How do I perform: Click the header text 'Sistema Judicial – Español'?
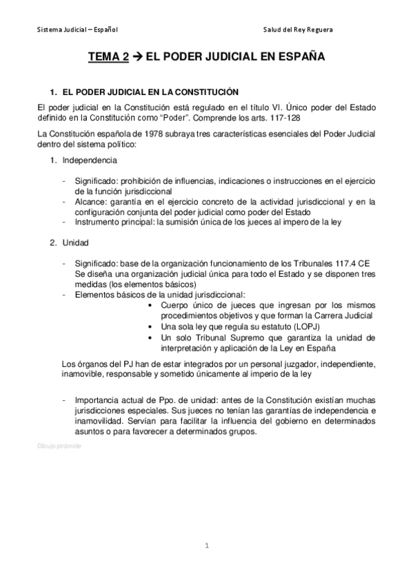coord(77,30)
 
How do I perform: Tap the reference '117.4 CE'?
coord(356,263)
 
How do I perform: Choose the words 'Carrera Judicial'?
coord(343,315)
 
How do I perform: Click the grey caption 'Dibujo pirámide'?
coord(59,446)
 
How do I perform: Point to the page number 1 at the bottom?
coord(206,546)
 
